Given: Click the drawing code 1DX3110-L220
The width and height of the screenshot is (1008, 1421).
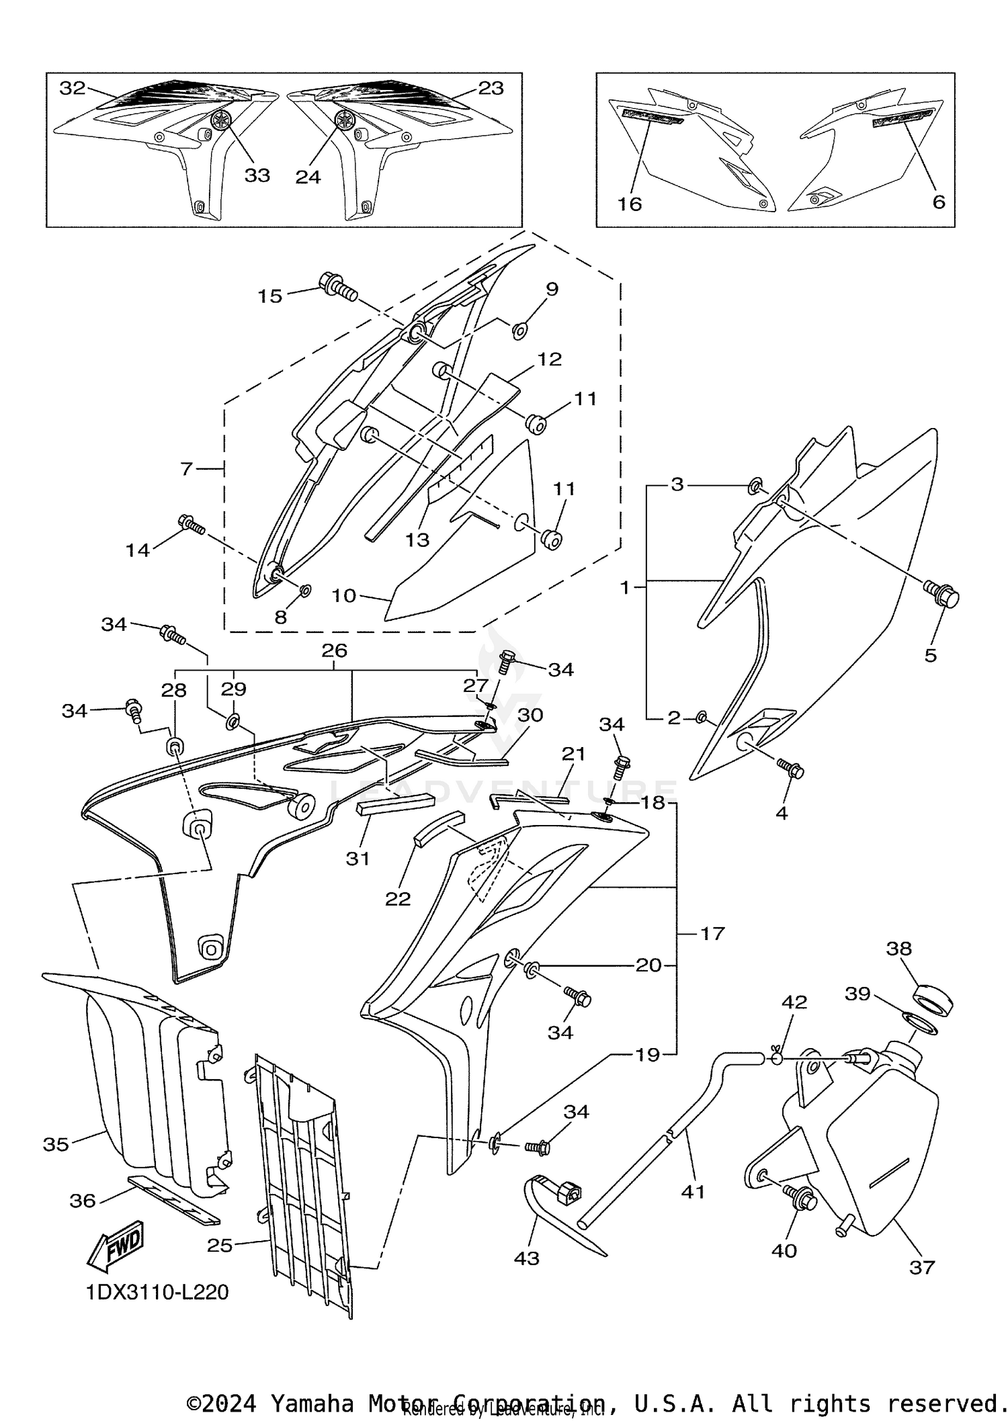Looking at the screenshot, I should tap(157, 1291).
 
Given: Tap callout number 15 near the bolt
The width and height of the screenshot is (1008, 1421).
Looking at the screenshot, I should tap(270, 296).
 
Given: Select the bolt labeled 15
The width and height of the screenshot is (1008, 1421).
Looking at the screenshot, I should tap(338, 288).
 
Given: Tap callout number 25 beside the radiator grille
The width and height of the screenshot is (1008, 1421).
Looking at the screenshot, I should tap(220, 1245).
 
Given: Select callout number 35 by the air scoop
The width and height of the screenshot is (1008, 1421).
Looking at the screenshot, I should tap(56, 1144).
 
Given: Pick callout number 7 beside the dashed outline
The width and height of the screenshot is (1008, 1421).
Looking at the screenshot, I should tap(187, 468).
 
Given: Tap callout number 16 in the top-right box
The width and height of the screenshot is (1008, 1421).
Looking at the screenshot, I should tap(630, 204).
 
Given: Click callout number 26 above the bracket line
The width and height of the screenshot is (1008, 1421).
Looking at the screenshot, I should tap(334, 650).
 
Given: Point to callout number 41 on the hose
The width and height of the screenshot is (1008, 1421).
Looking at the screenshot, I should tap(693, 1192).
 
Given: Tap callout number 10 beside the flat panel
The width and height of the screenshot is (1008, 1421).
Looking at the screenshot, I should tap(344, 595).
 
